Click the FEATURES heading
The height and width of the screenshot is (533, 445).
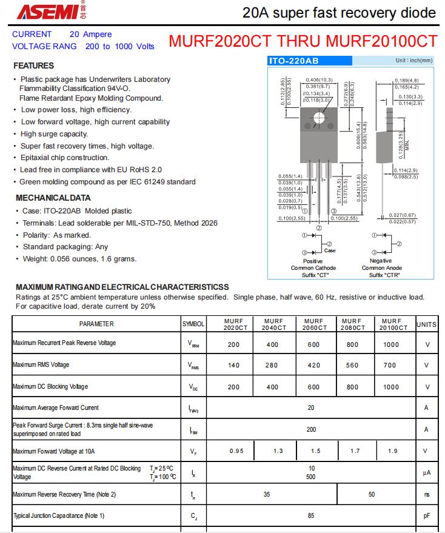point(33,65)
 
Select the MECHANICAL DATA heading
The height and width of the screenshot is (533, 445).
point(53,198)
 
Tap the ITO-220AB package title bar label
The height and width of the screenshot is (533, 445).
point(293,61)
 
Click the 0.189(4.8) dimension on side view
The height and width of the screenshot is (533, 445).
point(406,80)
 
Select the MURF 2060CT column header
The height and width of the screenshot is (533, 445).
point(313,324)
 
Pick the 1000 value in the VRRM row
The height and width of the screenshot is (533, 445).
point(391,344)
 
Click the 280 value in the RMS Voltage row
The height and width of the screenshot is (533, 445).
point(273,365)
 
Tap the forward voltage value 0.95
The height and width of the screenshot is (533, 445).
point(236,451)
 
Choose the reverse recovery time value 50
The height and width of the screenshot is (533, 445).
point(372,494)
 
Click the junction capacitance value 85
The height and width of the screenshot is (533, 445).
point(311,516)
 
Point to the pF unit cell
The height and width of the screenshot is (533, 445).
point(426,516)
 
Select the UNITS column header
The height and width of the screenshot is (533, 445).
point(426,324)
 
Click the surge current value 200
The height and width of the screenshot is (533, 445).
point(311,429)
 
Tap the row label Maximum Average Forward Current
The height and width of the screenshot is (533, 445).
point(56,407)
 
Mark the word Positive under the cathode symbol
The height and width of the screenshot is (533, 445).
point(313,261)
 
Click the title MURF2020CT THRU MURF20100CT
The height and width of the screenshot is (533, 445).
point(303,42)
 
